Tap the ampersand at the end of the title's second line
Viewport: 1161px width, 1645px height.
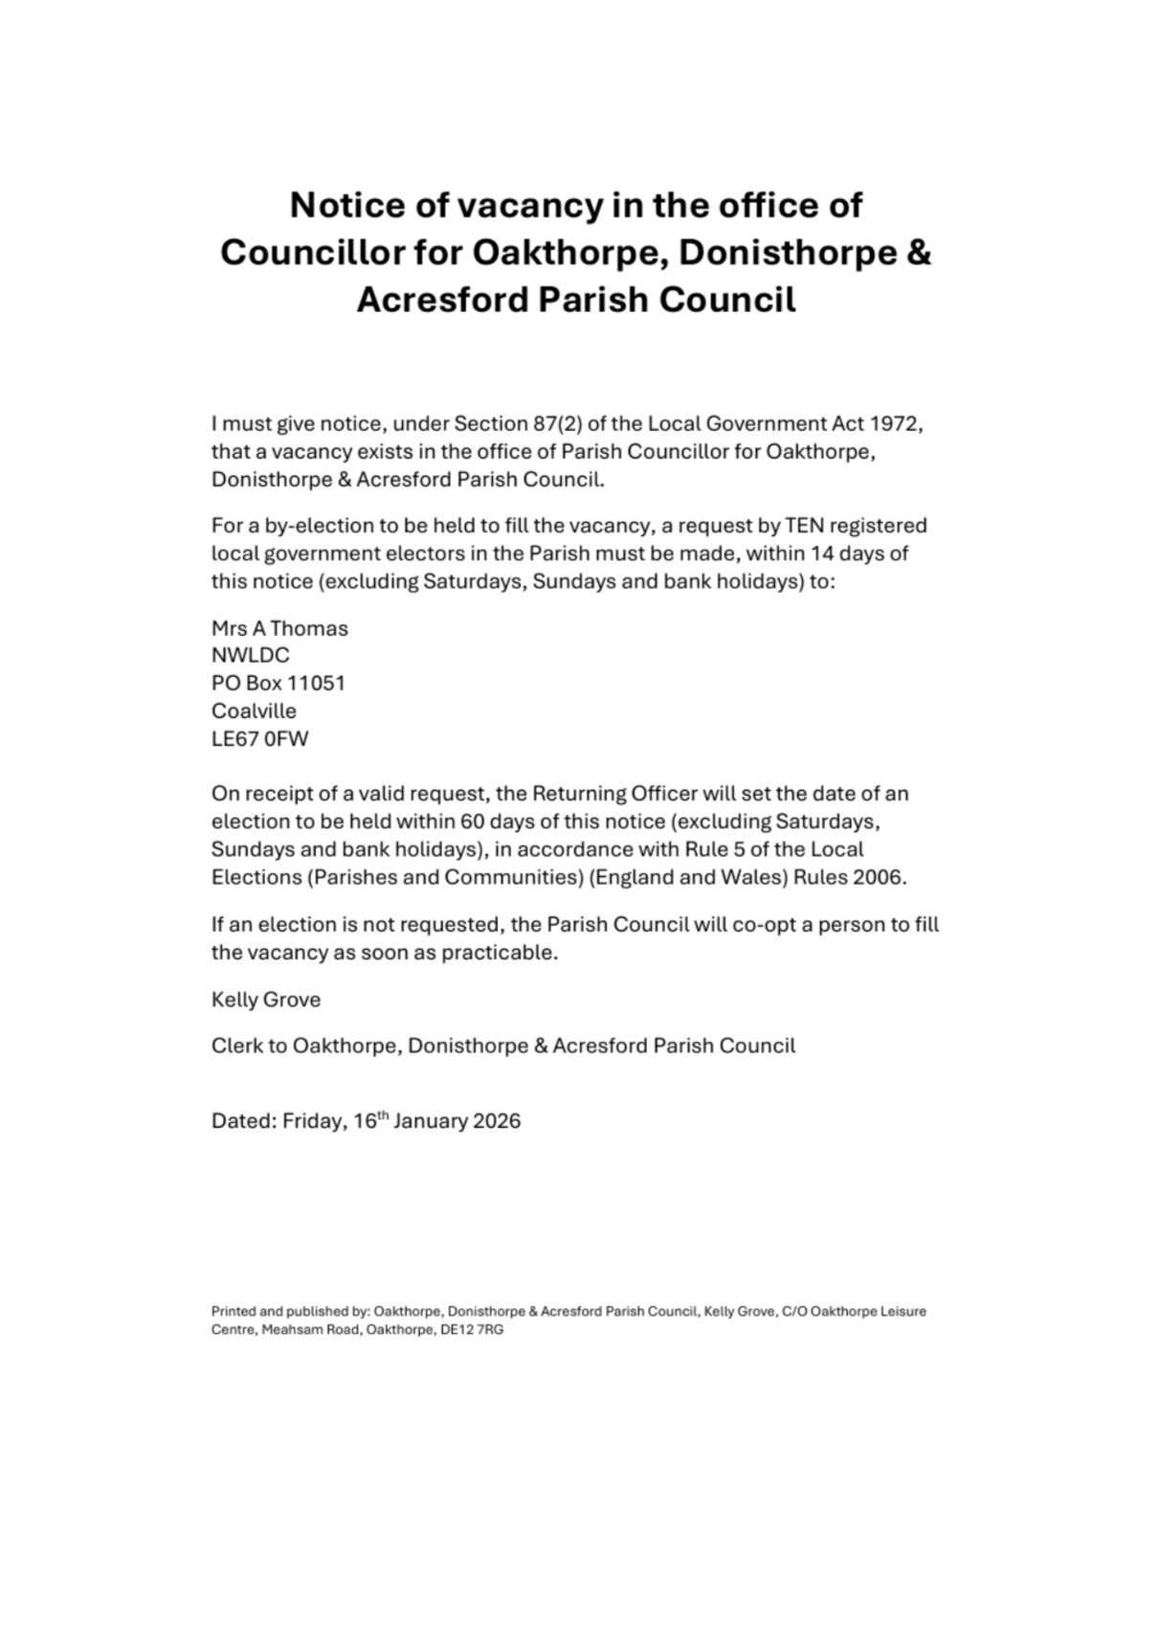(917, 253)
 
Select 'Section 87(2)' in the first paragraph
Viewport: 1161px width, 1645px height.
(518, 424)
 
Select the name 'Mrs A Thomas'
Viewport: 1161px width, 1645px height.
(279, 629)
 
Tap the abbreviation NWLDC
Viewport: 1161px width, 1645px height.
(250, 656)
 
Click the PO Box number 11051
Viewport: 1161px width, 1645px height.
(316, 684)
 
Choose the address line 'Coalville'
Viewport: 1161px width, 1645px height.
(254, 711)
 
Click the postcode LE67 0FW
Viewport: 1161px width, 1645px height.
(259, 739)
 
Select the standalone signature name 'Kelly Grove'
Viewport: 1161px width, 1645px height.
(266, 1000)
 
